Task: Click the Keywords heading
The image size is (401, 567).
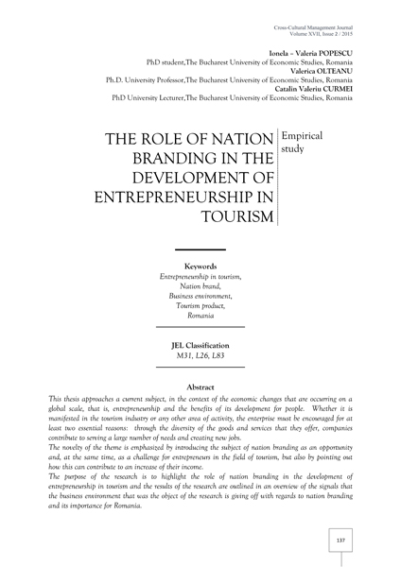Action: [200, 266]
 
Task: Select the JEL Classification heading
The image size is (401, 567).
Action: [200, 346]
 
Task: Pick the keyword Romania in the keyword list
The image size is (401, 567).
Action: [200, 316]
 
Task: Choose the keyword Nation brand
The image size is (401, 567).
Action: [200, 285]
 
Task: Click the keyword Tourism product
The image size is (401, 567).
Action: [200, 305]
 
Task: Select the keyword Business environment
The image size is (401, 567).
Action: [200, 296]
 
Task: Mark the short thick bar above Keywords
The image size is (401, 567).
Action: [200, 249]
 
